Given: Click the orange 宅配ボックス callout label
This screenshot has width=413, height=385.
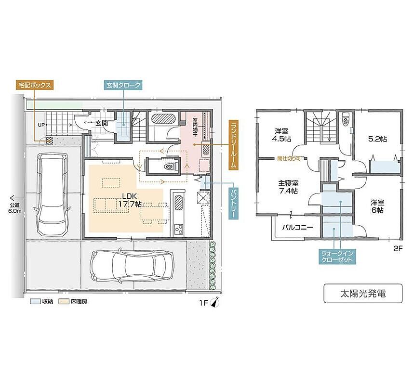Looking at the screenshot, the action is tap(35, 85).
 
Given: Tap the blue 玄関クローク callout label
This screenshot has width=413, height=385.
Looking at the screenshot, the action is tap(123, 85).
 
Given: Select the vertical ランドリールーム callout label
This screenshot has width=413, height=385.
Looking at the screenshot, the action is tap(233, 145).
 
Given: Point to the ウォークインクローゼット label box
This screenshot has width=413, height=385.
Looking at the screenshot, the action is tap(337, 257).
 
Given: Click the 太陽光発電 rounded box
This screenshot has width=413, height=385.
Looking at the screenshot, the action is tap(363, 294).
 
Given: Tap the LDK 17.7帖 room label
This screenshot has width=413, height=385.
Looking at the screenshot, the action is tap(129, 200).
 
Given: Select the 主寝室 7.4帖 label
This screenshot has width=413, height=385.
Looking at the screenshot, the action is tap(288, 187).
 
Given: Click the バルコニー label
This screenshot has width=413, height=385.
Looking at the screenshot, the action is tap(298, 227).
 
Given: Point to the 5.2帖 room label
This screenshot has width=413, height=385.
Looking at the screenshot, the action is tap(377, 139).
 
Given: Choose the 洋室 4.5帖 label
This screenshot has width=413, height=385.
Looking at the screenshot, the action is tap(281, 135).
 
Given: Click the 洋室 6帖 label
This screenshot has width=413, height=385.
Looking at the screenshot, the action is tap(377, 206).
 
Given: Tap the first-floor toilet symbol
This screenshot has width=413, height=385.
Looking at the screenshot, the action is tap(171, 166).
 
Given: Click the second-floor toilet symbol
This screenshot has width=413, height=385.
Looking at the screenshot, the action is tap(345, 121).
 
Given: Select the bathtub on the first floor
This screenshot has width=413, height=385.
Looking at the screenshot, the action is tap(164, 118).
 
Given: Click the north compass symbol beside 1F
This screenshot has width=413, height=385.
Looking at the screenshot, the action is tap(215, 302).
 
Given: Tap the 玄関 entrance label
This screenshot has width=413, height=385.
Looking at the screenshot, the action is tap(101, 123).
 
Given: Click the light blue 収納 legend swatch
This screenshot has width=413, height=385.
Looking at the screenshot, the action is tap(35, 301).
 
